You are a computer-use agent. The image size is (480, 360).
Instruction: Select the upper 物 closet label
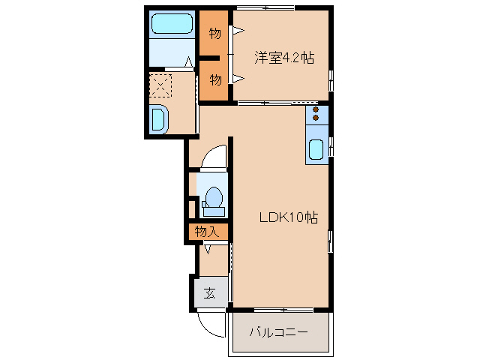(x=214, y=34)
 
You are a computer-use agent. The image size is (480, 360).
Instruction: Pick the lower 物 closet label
(x=214, y=79)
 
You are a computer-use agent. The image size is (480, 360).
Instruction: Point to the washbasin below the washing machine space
(x=160, y=119)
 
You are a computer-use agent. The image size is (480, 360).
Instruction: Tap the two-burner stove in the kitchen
(x=316, y=114)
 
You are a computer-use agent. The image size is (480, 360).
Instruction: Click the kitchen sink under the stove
(x=316, y=150)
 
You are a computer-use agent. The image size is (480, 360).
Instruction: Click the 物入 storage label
(x=206, y=232)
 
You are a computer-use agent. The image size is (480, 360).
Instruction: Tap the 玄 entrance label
(x=210, y=293)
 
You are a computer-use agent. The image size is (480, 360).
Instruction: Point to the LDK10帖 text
(x=288, y=218)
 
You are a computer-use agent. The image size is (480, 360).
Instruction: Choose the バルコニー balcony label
(x=278, y=331)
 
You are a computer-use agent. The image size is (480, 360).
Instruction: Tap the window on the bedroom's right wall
(x=331, y=79)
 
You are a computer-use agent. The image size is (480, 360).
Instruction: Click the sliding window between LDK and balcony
(x=279, y=310)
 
